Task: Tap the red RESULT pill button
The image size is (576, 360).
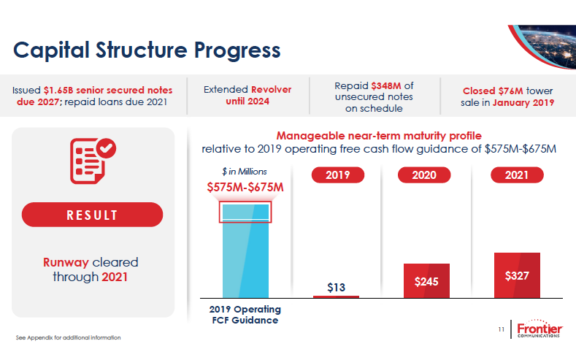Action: [x=92, y=215]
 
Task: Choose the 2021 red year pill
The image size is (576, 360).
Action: [x=516, y=175]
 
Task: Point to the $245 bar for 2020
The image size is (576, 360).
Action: [x=426, y=280]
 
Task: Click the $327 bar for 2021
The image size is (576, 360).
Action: [x=517, y=275]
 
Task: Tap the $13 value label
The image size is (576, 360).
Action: [x=336, y=287]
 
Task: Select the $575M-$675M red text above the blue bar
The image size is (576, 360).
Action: [x=245, y=188]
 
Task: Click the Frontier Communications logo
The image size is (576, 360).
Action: [x=539, y=331]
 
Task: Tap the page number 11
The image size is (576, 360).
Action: [x=502, y=331]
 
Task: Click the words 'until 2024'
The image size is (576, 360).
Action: [x=247, y=102]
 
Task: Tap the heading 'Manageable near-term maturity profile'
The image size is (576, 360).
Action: [x=379, y=136]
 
